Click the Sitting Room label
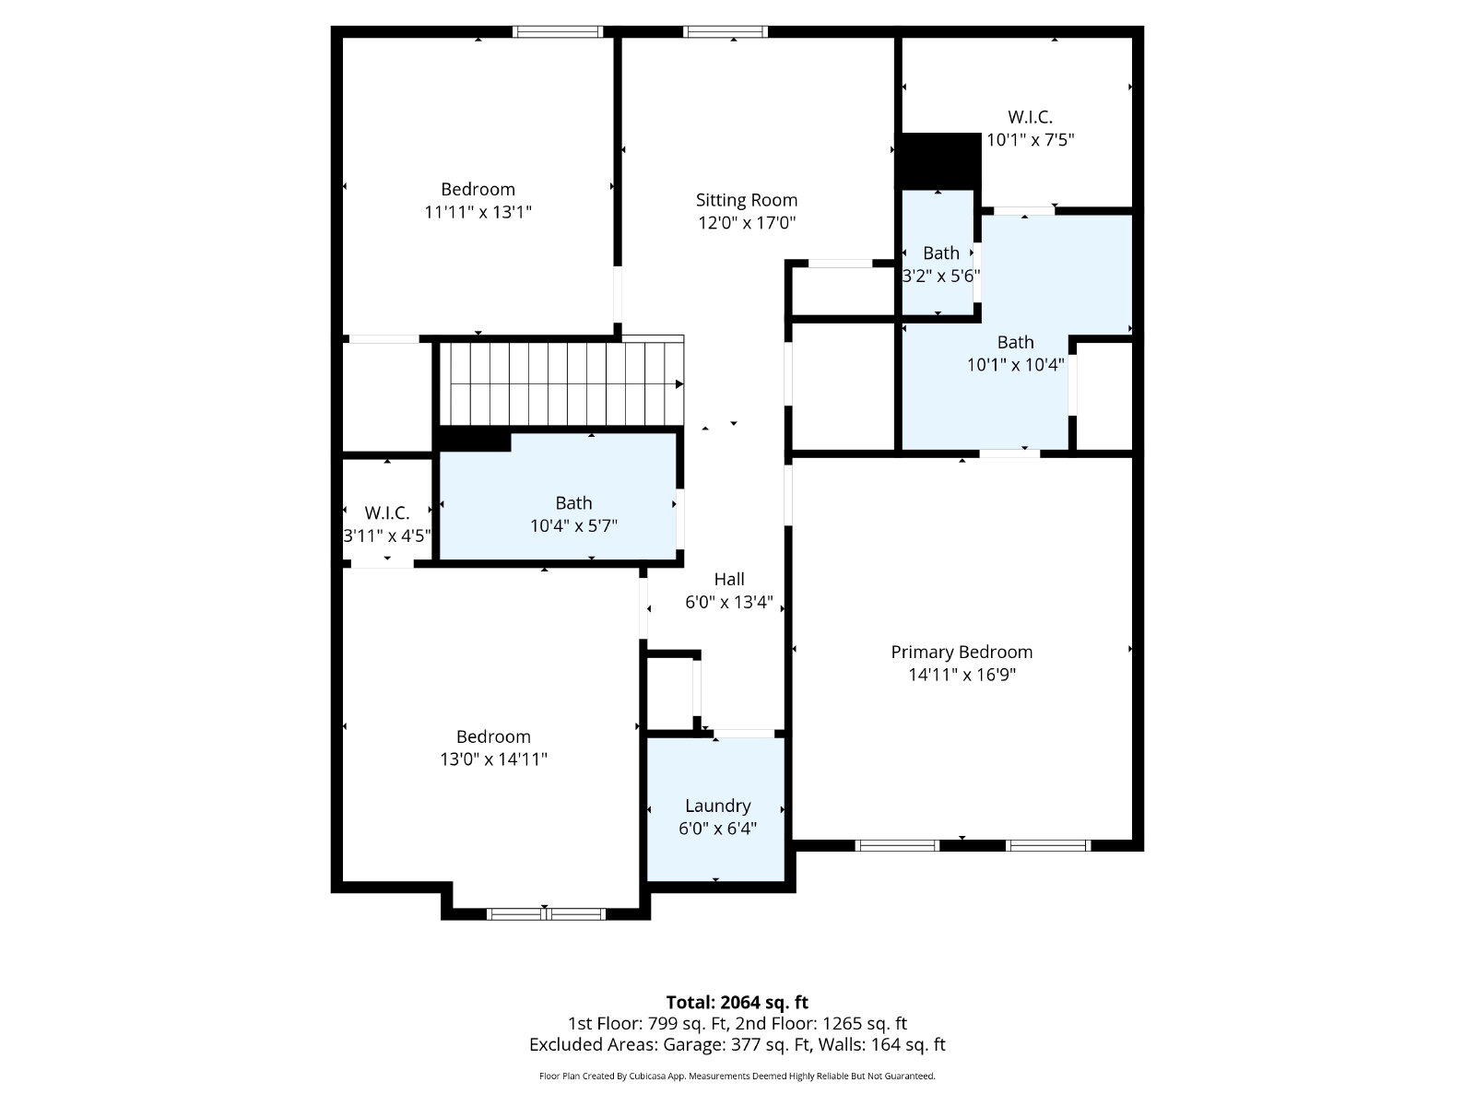click(x=746, y=200)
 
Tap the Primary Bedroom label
click(x=961, y=652)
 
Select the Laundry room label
click(x=717, y=806)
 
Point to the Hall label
click(x=728, y=579)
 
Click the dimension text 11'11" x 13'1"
click(x=478, y=212)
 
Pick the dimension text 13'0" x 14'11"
click(x=493, y=759)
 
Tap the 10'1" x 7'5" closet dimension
click(x=1030, y=140)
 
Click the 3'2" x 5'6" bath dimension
click(x=940, y=276)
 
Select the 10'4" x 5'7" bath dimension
click(x=573, y=525)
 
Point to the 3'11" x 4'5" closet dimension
click(x=387, y=535)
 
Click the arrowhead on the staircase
click(x=679, y=384)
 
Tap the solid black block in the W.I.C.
click(x=940, y=161)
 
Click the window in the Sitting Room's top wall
click(x=726, y=31)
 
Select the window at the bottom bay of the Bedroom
click(x=546, y=914)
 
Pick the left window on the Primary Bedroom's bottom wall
click(x=897, y=845)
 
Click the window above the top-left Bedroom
click(x=558, y=31)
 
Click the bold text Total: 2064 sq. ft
click(x=737, y=1003)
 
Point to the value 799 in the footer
click(x=661, y=1023)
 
